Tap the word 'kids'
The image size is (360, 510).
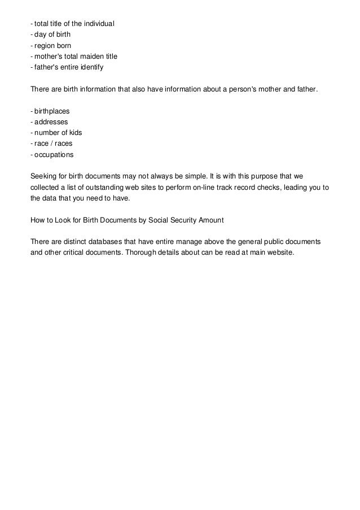pos(74,133)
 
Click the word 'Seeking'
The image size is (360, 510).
pos(43,176)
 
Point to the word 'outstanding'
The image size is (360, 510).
pos(101,188)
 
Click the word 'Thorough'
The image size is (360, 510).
pos(139,252)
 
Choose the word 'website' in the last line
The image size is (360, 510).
pos(280,252)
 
